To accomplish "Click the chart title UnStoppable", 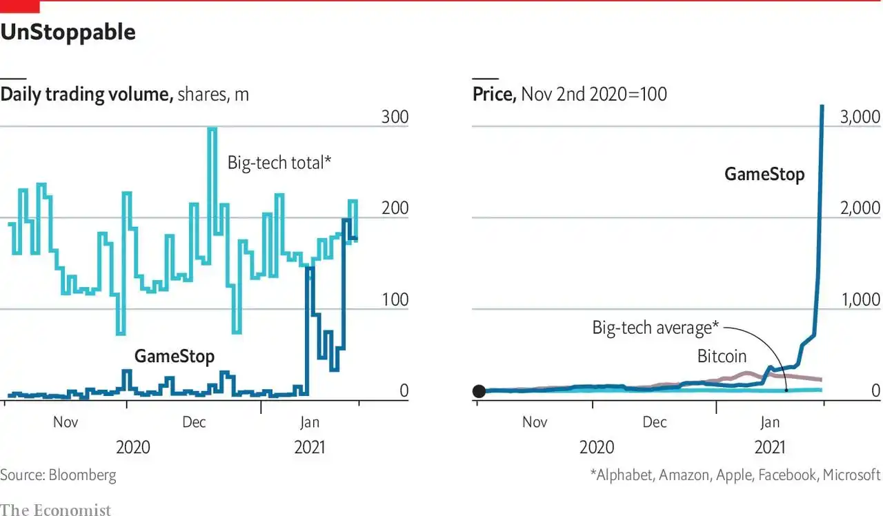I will [68, 32].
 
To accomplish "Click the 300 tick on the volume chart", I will [395, 117].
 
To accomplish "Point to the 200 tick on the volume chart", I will [395, 208].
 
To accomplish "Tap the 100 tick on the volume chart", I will [395, 299].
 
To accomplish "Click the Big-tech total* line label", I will [279, 163].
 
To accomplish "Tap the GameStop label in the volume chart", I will [174, 356].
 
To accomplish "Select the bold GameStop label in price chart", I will [764, 174].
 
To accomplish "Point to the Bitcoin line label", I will [722, 356].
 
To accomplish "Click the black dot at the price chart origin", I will [479, 391].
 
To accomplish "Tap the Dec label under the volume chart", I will [194, 421].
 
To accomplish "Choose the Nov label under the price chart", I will [535, 421].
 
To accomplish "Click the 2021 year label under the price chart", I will [770, 447].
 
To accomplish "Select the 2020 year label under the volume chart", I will [133, 447].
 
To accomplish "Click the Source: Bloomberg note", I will [58, 475].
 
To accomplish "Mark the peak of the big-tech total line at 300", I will [212, 128].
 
